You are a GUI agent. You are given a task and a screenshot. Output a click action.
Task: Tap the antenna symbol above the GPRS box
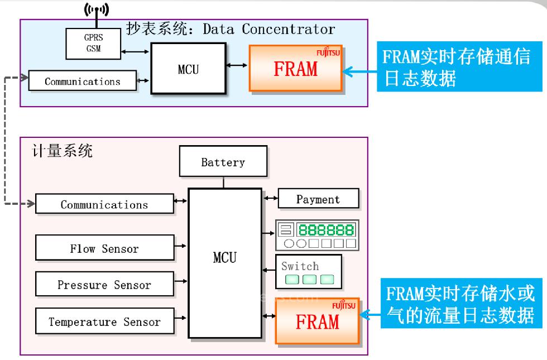96,9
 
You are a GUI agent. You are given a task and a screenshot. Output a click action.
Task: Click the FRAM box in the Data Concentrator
295,69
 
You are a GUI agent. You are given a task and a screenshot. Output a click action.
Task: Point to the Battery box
223,162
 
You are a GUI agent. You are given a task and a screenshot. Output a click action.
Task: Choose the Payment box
318,199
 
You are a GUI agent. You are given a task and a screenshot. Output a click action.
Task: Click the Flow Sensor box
104,248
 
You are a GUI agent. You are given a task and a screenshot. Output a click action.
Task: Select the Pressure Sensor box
104,285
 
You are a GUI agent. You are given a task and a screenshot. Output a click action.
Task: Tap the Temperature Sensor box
104,321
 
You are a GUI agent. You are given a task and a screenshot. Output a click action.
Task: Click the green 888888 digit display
326,229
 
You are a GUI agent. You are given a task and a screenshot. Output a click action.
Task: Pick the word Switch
300,266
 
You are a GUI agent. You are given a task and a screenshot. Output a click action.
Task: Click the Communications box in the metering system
104,204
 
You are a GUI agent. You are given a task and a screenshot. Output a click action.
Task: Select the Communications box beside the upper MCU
82,81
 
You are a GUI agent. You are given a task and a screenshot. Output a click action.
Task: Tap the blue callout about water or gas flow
460,306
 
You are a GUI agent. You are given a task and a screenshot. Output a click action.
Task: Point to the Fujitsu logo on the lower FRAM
343,305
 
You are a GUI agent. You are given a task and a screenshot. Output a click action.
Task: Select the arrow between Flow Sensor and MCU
181,244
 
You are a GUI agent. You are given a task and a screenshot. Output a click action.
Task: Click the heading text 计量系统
63,151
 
